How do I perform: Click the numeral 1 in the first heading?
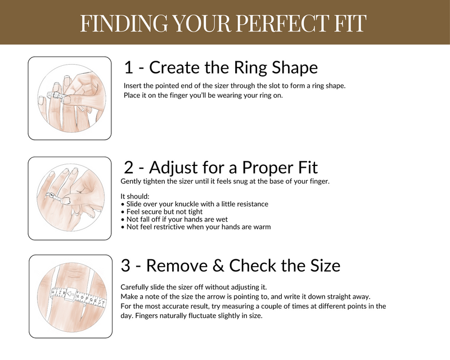[129, 67]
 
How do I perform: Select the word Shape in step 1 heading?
[295, 67]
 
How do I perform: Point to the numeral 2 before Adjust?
[129, 167]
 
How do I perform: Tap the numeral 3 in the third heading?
[127, 265]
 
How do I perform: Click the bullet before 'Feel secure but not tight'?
[123, 211]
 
